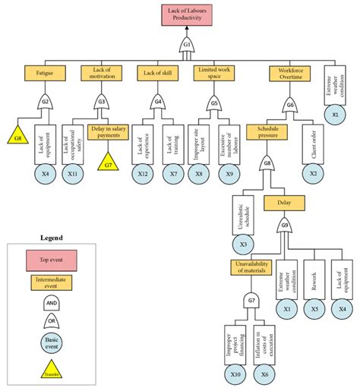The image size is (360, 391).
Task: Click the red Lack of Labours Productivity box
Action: [186, 15]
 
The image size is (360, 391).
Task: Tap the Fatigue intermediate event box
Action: [44, 73]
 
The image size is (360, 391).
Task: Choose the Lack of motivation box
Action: [101, 73]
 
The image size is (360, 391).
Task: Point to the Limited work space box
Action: [215, 73]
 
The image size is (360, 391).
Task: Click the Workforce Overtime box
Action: [289, 73]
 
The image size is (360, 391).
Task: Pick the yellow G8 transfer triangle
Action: [19, 136]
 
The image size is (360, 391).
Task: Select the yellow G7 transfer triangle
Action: [108, 162]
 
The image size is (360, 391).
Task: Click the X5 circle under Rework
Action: [314, 308]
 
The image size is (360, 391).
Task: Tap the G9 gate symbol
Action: [284, 225]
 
